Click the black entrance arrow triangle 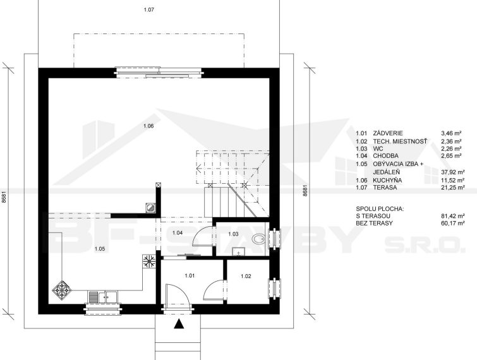click(x=179, y=324)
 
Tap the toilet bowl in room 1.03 click(x=258, y=239)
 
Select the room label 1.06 click(x=148, y=126)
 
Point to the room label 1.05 click(x=100, y=249)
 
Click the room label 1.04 click(x=178, y=233)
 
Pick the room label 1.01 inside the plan click(x=190, y=276)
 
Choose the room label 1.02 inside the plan click(x=246, y=277)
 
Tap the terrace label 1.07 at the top click(x=148, y=9)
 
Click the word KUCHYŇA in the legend click(x=387, y=180)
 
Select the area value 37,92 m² click(x=452, y=172)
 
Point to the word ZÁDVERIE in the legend click(x=388, y=133)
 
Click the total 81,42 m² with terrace click(x=452, y=216)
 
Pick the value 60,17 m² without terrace click(x=452, y=224)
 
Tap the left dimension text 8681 click(x=4, y=198)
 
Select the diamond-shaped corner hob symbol click(x=62, y=290)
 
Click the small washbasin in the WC click(x=239, y=252)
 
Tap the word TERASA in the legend click(x=385, y=188)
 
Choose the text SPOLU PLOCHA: click(x=380, y=209)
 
